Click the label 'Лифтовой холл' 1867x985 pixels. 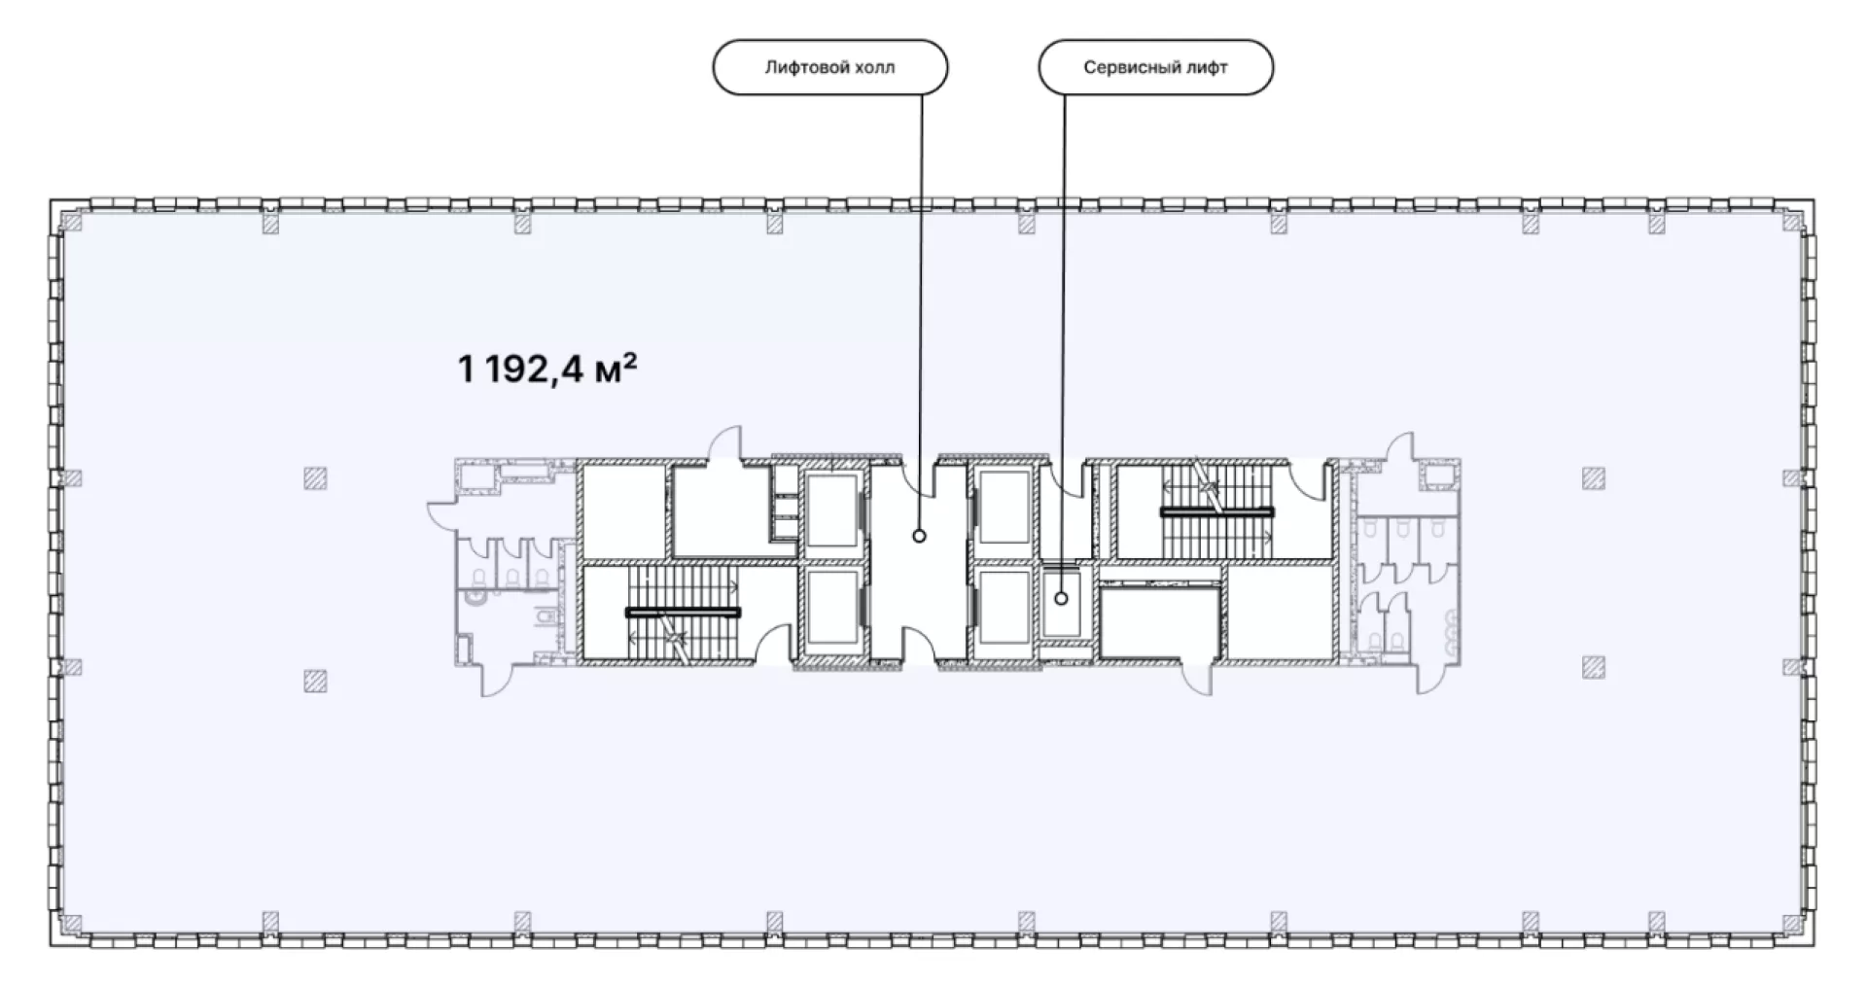point(829,67)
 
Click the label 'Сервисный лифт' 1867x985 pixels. point(1155,67)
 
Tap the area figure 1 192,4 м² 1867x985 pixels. point(547,369)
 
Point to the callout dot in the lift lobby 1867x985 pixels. point(919,536)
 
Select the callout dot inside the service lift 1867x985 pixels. point(1062,599)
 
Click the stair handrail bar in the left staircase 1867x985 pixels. point(683,613)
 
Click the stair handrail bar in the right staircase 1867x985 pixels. point(1216,510)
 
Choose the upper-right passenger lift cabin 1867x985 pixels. point(1004,507)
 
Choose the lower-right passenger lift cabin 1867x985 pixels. point(1004,608)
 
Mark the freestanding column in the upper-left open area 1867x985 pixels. point(314,478)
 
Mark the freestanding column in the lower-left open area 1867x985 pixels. point(314,680)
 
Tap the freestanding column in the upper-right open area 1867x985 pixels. point(1593,478)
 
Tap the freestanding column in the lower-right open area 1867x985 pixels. point(1593,666)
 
